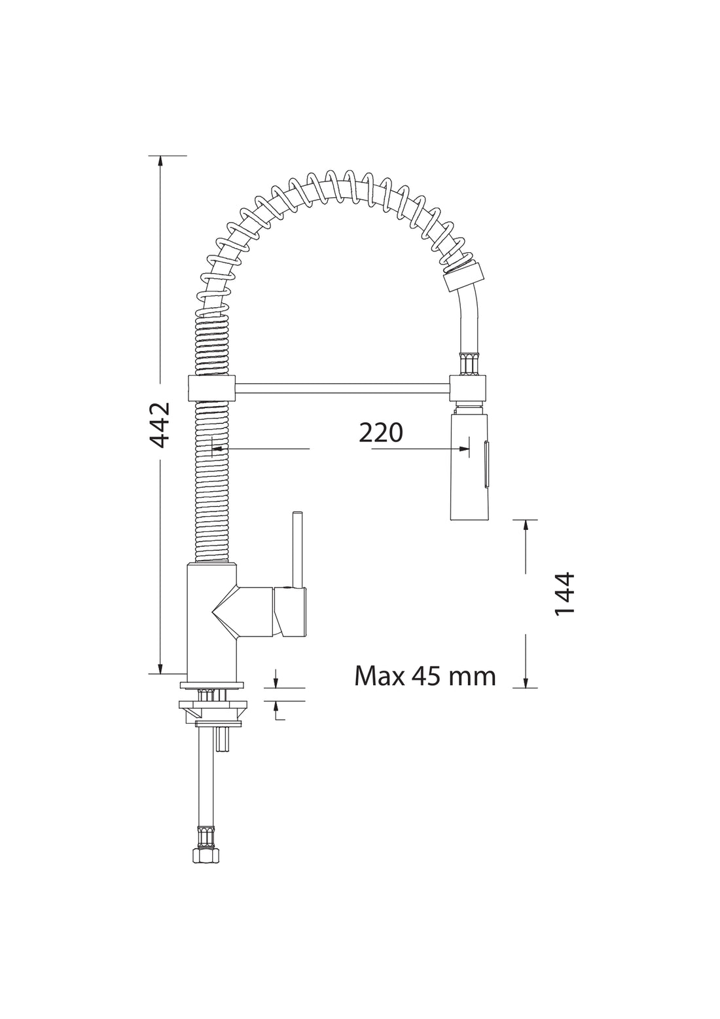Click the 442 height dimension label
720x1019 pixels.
[160, 424]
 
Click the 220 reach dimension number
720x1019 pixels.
[380, 433]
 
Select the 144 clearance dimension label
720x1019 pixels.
[565, 594]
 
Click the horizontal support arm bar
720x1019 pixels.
[343, 388]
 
